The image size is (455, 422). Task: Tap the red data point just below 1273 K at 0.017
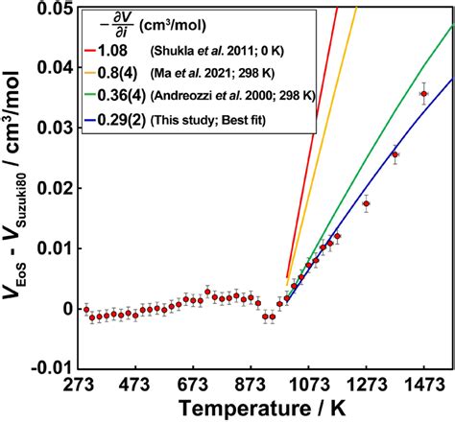click(x=366, y=203)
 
